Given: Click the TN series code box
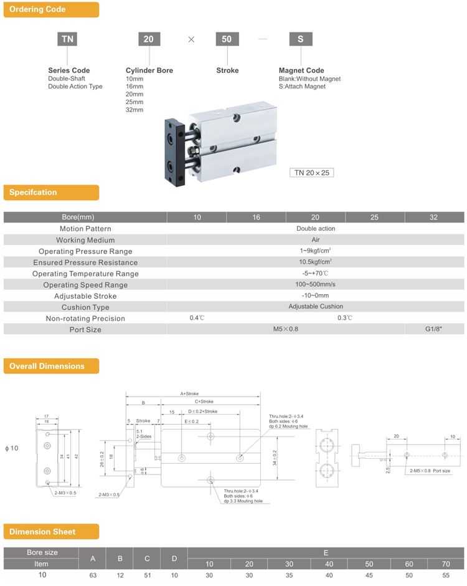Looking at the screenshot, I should tap(68, 39).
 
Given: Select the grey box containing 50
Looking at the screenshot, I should tap(227, 39).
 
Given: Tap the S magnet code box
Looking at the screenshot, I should tap(301, 39).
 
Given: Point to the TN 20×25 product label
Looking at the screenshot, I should tap(311, 173).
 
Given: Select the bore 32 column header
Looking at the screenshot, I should tap(433, 218).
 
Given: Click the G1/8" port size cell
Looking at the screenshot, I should tap(433, 329).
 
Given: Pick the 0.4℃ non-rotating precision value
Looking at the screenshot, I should tap(197, 318).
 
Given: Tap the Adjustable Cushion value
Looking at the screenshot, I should tap(315, 307).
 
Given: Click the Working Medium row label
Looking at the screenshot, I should tap(85, 240).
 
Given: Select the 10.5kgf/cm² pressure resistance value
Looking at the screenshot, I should tap(315, 262).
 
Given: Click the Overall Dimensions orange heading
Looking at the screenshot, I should tap(51, 366).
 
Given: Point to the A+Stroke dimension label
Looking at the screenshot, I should tap(189, 394).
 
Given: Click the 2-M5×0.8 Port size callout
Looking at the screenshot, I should tap(430, 471).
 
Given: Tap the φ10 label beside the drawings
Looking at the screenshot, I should tap(12, 448).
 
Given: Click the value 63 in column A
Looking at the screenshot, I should tap(93, 575).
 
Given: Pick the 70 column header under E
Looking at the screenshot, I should tap(445, 564).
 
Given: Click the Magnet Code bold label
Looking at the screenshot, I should tap(301, 70).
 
